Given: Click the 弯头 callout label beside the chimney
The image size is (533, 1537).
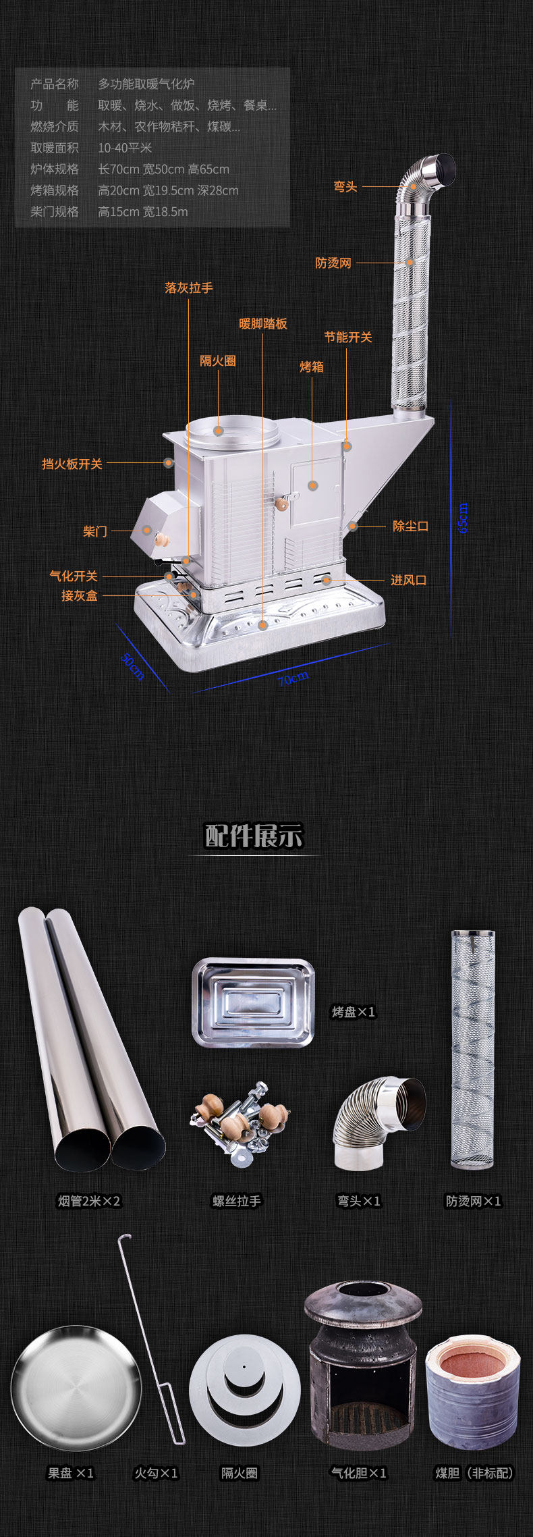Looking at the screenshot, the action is click(345, 186).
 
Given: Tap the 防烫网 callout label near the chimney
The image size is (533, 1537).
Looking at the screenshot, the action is click(333, 263).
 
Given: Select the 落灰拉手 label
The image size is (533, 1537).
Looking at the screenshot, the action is click(189, 288).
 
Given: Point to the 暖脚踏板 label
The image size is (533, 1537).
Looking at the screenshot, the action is click(263, 323).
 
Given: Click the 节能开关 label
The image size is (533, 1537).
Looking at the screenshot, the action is click(348, 337).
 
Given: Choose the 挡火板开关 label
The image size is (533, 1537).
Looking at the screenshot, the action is click(72, 464).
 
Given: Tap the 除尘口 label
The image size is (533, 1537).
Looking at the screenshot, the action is click(410, 525).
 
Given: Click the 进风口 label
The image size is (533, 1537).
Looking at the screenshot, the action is click(409, 580).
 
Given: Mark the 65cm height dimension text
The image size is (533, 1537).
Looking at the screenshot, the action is click(463, 518).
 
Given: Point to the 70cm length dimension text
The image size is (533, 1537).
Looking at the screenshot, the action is click(293, 678).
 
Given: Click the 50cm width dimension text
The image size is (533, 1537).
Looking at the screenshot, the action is click(133, 666).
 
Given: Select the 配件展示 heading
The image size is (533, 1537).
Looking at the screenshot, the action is click(254, 836).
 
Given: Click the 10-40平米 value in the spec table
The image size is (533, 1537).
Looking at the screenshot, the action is click(125, 148).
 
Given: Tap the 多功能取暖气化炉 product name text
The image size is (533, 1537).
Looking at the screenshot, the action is click(146, 84).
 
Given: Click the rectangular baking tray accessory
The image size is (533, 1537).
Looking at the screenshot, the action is click(254, 1002).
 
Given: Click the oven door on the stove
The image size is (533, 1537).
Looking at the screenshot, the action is click(315, 491).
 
